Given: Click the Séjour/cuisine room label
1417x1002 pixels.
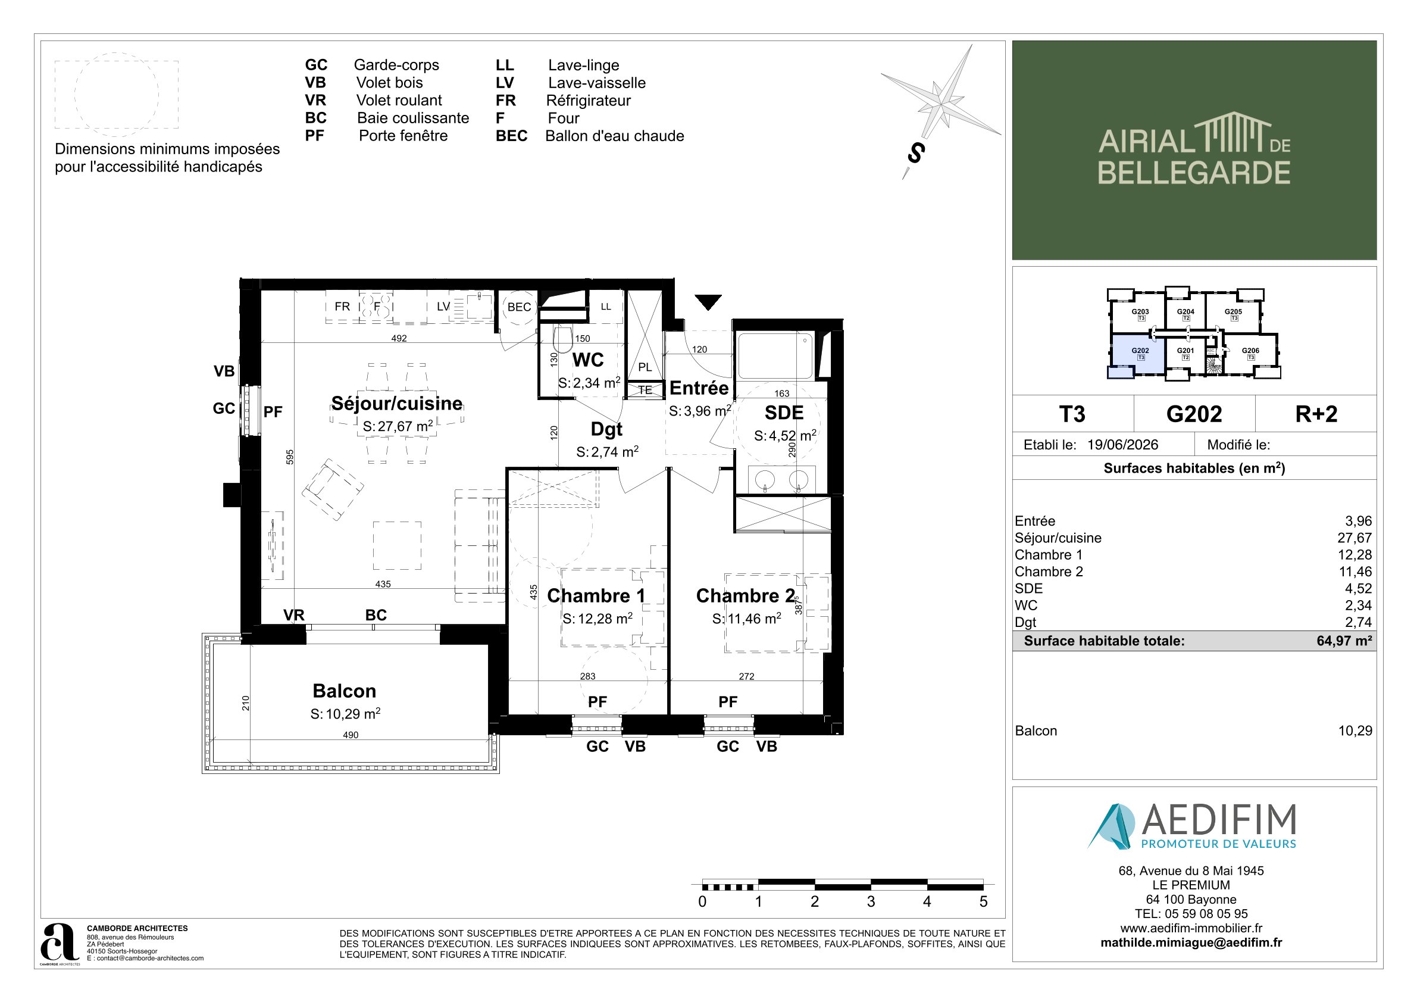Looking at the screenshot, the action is [396, 403].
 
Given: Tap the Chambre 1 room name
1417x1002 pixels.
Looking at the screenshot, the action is [596, 595].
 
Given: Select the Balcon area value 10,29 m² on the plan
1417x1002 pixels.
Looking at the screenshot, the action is [345, 714].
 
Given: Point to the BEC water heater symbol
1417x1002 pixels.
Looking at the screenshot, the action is [519, 307].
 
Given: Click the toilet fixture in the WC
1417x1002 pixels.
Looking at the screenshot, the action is [562, 339].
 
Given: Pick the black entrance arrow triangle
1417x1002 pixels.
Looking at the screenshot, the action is [708, 302].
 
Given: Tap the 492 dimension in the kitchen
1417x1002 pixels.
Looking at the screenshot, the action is [399, 338].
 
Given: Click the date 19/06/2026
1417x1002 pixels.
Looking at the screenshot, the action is [1122, 445].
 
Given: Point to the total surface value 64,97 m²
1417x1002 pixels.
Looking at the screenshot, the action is [1344, 641].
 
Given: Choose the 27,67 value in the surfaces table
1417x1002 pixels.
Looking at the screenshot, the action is [1355, 538].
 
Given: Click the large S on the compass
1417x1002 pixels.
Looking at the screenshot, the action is [916, 152].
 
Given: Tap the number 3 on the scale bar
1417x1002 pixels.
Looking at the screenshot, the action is [871, 901].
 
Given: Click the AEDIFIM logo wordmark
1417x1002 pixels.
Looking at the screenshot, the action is [1219, 820].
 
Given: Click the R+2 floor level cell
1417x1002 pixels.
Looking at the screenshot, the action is [1316, 414].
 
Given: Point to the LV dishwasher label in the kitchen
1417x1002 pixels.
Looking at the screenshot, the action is [443, 306].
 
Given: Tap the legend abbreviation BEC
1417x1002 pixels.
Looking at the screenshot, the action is [512, 136].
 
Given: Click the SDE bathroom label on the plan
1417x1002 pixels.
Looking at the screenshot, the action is [784, 413].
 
